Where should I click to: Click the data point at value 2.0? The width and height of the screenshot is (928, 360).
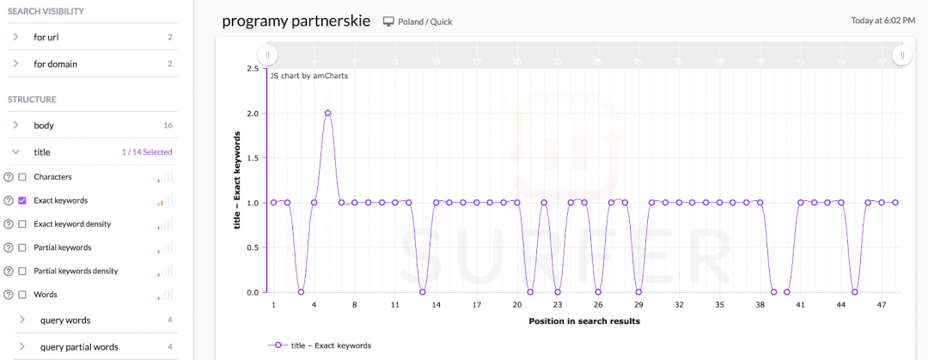point(327,113)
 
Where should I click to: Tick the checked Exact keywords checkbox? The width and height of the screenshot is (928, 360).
point(22,200)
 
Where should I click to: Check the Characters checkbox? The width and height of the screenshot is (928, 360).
point(22,177)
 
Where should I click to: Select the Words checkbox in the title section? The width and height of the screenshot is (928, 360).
point(22,295)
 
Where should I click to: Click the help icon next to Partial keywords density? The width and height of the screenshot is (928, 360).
point(9,272)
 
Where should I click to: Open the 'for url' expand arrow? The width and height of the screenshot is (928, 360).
point(15,37)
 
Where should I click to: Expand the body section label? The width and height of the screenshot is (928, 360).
point(44,125)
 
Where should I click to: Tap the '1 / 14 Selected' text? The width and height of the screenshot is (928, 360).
point(147,152)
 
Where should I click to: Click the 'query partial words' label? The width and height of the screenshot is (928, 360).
point(79,347)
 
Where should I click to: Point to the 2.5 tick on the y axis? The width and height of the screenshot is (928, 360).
point(253,69)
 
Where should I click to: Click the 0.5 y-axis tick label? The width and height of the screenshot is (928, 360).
point(253,247)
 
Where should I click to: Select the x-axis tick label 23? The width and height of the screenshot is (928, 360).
point(558,305)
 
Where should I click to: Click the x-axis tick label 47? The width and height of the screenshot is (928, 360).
point(882,305)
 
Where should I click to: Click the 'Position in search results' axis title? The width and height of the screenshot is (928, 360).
point(583,321)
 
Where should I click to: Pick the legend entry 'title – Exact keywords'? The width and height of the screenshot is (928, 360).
point(331,345)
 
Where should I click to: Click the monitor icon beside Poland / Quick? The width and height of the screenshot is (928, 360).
point(388,21)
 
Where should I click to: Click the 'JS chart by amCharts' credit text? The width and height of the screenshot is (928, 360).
point(309,76)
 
